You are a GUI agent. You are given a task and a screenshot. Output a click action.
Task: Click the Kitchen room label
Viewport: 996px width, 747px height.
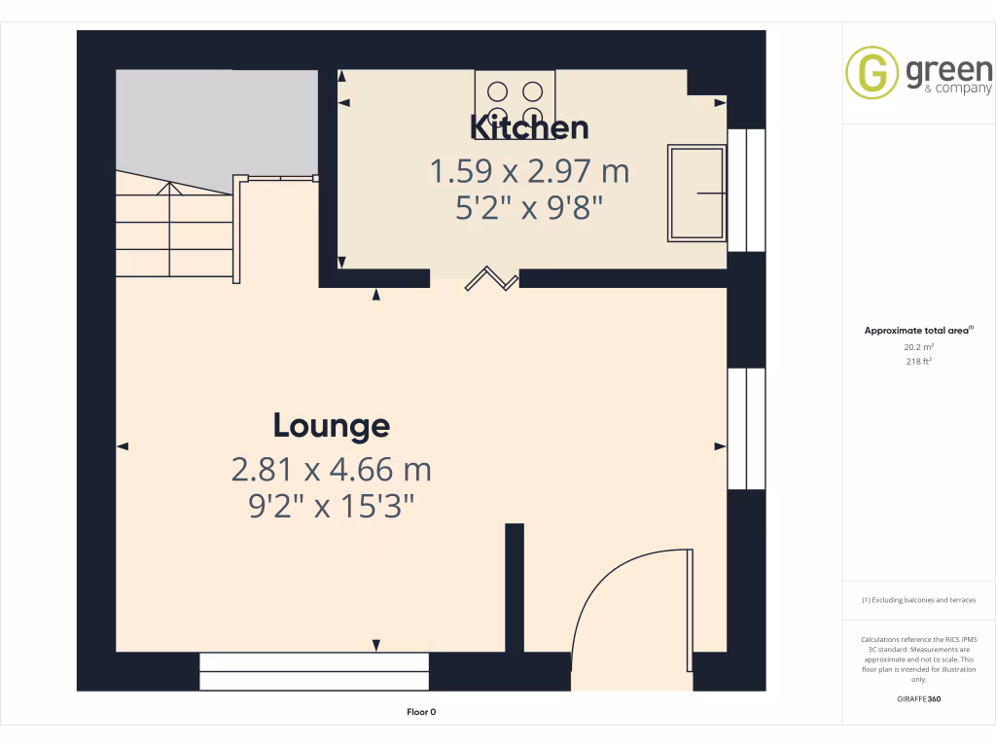529,127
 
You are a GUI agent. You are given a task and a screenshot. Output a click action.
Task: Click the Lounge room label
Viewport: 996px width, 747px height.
331,425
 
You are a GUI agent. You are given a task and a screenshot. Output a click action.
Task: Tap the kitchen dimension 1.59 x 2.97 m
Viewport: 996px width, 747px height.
529,172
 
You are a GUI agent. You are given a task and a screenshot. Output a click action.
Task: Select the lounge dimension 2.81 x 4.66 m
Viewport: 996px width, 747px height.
331,470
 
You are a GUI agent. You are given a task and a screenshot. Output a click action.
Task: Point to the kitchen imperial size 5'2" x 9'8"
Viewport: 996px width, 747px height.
529,208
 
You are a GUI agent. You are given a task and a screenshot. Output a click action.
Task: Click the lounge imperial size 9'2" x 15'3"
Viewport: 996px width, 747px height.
331,506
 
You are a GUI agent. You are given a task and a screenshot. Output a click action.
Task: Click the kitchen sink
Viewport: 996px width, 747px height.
696,193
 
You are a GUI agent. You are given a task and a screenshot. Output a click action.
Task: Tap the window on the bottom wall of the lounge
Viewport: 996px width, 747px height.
313,671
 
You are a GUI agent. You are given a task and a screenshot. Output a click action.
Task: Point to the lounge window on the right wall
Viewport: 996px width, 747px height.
746,428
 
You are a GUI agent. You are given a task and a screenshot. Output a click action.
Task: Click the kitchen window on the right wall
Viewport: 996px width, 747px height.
746,190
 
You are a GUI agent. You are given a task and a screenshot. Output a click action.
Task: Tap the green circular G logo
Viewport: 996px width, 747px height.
871,73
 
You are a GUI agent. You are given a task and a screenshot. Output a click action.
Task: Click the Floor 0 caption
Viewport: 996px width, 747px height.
421,712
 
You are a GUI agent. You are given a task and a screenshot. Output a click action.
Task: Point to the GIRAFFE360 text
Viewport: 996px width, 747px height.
919,699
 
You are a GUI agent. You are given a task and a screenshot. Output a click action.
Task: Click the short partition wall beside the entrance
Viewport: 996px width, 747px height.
515,587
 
